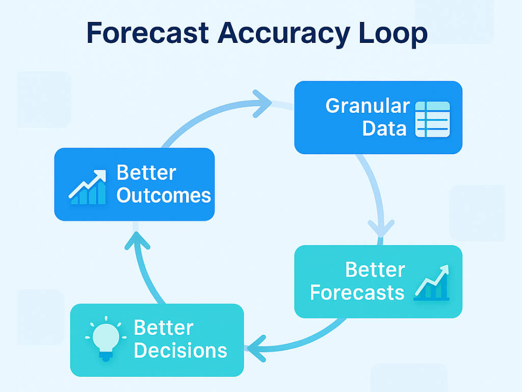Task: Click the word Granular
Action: click(367, 106)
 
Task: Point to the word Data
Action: click(384, 129)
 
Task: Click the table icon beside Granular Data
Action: click(433, 119)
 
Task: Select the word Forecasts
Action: click(357, 292)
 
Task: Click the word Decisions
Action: click(180, 351)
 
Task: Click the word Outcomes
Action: click(164, 195)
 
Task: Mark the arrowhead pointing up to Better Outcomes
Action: click(138, 240)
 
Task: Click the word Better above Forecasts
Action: click(375, 270)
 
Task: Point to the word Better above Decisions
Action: click(163, 328)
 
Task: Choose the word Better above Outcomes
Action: click(146, 173)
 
